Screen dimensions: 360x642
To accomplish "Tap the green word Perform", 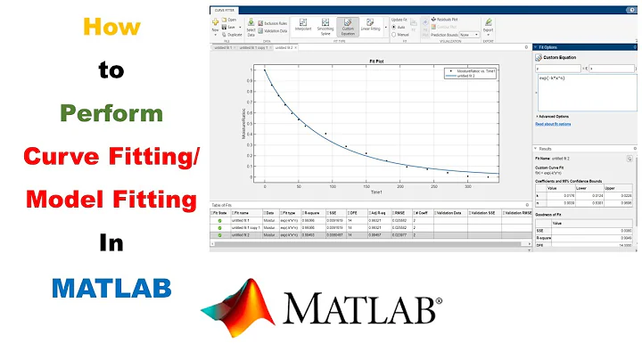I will [x=111, y=114].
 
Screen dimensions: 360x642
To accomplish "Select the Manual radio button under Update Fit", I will [x=399, y=34].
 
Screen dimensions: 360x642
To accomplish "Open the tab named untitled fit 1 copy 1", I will [x=257, y=46].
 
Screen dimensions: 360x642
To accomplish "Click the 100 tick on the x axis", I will [x=332, y=185].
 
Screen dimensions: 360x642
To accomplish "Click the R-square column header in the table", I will [x=312, y=213].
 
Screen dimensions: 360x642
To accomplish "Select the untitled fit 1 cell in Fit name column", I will [x=241, y=222].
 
